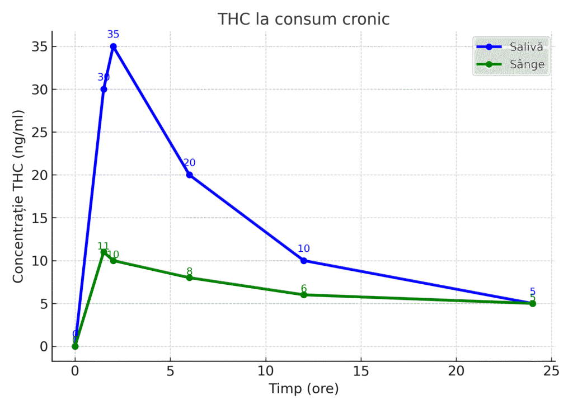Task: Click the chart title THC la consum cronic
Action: (x=303, y=19)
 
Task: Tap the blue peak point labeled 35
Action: (x=113, y=46)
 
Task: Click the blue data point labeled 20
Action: (x=189, y=175)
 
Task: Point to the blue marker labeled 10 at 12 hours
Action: (x=304, y=261)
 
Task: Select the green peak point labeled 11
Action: (x=104, y=252)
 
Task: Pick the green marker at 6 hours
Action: (x=189, y=278)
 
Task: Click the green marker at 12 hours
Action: (x=304, y=295)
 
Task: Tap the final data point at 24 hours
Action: (x=533, y=303)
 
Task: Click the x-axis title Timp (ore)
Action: (x=304, y=388)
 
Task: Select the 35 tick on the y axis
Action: (x=39, y=46)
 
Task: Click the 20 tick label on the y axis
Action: (x=39, y=175)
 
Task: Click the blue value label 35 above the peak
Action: (x=113, y=35)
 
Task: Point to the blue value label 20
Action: (x=189, y=163)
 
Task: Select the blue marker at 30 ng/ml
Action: (x=104, y=90)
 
